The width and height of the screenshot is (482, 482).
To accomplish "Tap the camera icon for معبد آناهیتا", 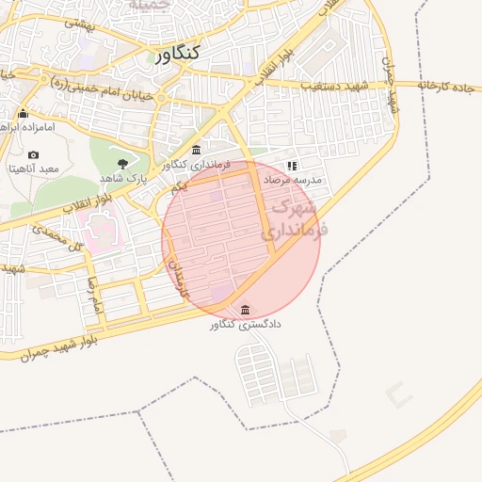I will point(34,154).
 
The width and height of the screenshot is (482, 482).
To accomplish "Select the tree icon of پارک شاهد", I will point(122,163).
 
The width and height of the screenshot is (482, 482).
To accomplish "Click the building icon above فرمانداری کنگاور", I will point(196,151).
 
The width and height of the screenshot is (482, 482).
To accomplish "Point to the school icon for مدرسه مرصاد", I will point(291,165).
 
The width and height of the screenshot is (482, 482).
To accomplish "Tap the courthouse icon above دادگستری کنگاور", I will point(246,310).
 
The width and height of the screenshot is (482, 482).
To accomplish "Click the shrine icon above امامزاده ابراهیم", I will point(23,114).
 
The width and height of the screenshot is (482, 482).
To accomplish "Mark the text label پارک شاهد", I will point(124,177).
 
